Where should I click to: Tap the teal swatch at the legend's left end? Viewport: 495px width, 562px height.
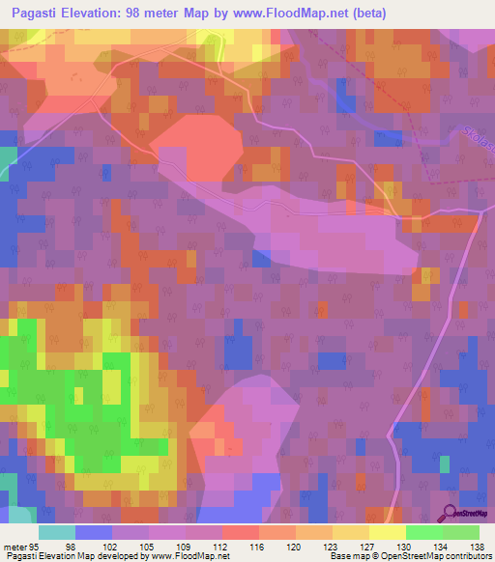56,532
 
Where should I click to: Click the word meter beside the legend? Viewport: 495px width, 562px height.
14,548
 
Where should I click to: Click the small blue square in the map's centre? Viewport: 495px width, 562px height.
261,258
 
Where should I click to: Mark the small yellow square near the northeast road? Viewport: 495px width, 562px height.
389,190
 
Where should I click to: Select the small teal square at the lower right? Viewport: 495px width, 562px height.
444,464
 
